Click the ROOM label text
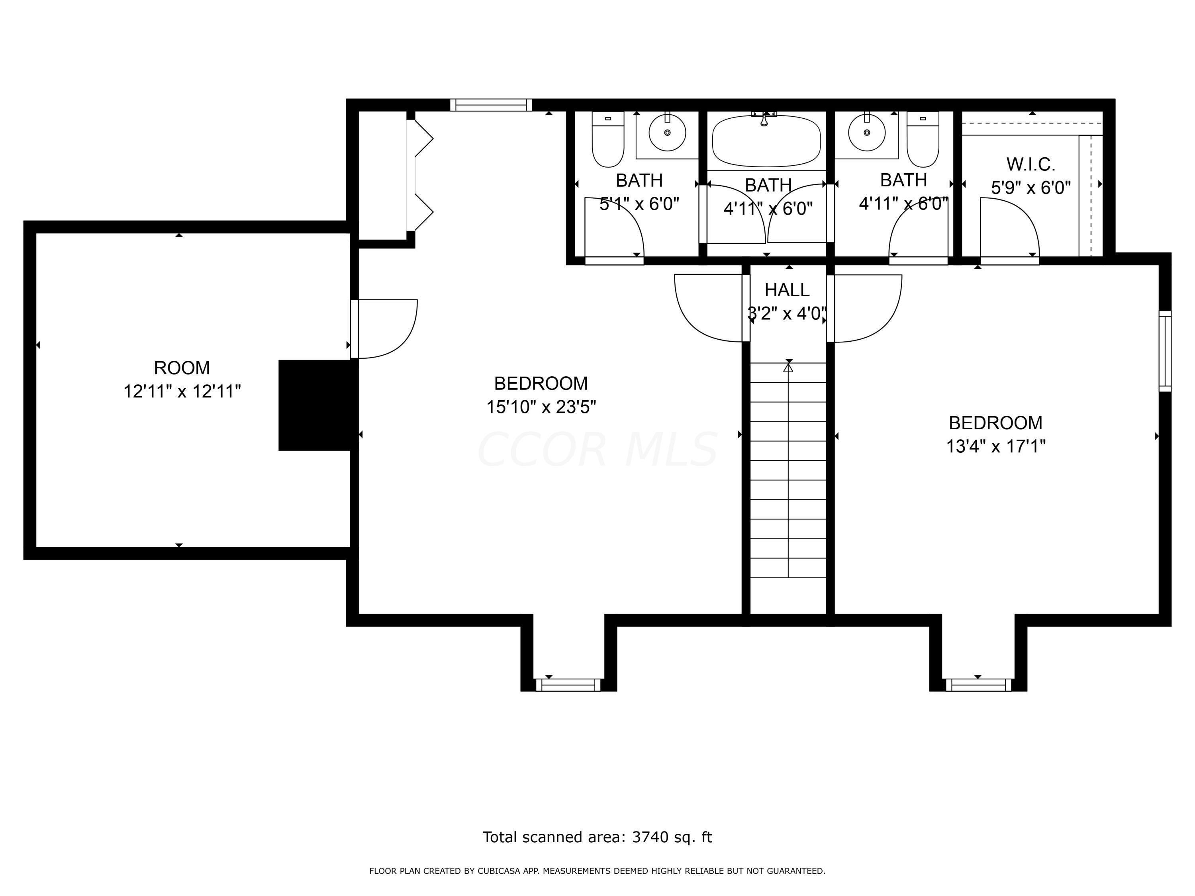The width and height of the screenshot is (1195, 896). (182, 368)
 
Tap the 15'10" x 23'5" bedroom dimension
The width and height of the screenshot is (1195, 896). (541, 407)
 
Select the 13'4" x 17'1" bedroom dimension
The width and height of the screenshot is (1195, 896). (996, 446)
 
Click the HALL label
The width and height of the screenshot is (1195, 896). (787, 290)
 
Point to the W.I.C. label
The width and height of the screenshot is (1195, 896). (1031, 164)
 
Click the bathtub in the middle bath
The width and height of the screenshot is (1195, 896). (767, 141)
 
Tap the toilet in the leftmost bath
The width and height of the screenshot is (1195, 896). (608, 139)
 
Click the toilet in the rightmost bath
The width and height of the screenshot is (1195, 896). (923, 139)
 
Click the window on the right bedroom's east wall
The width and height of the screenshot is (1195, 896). (1165, 351)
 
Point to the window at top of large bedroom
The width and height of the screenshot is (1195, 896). (491, 105)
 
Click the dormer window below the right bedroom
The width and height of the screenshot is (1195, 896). (978, 685)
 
